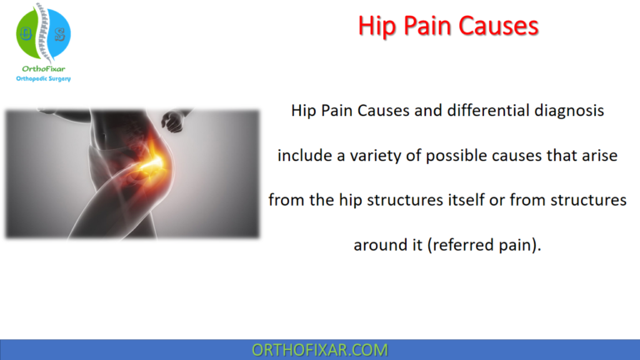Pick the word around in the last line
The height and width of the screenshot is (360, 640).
(380, 246)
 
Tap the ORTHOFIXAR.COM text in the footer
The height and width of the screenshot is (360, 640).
(320, 350)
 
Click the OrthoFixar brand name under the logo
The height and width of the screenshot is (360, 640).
(43, 69)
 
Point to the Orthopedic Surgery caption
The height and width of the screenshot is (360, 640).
(43, 80)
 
